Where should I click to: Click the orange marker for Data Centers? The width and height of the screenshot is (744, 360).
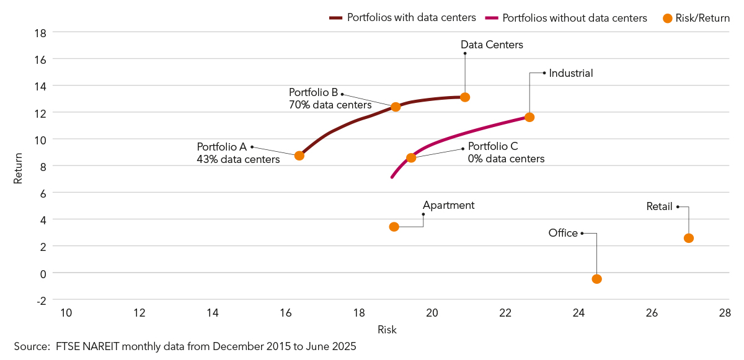point(465,97)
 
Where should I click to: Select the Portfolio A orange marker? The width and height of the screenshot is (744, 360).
point(299,156)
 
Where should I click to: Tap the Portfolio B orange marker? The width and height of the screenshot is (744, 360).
point(396,107)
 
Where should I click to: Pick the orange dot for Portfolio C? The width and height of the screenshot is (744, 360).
point(411,157)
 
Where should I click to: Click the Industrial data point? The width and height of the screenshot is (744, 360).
point(529,117)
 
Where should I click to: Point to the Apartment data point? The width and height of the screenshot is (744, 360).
point(394,227)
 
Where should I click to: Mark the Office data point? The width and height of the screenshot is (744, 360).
point(596,279)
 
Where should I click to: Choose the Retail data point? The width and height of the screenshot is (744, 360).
point(688,238)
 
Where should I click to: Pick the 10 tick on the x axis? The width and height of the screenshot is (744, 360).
point(66,313)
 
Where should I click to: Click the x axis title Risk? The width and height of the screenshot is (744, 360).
point(387,330)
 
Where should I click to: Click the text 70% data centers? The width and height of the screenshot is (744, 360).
point(330,105)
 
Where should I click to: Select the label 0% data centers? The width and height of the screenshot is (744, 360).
point(506,159)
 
